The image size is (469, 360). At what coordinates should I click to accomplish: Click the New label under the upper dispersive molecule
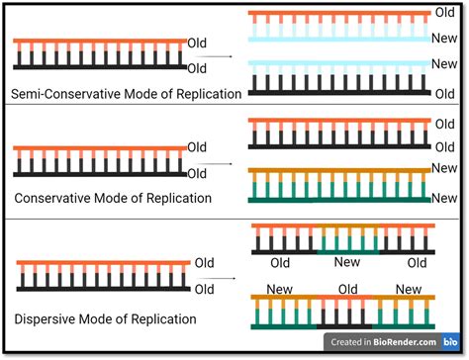tap(347, 263)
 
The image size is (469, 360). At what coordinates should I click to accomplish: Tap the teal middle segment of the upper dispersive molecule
tap(347, 251)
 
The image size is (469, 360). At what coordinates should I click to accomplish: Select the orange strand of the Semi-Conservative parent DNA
tap(99, 42)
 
